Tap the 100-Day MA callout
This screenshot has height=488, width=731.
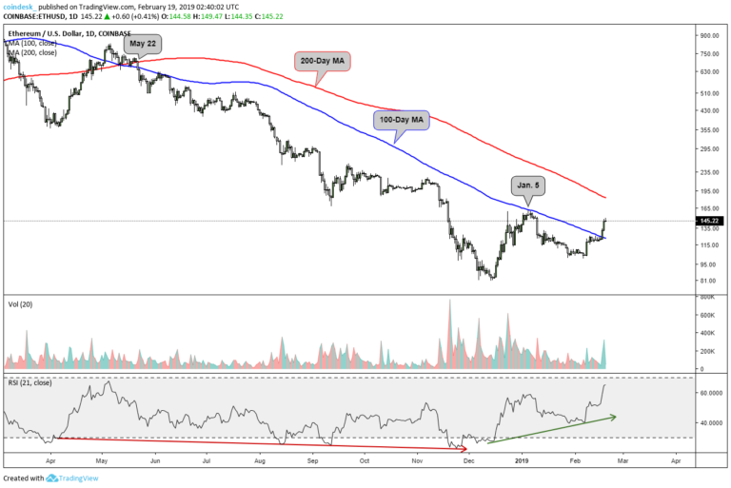[400, 120]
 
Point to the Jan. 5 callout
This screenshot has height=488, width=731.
[526, 185]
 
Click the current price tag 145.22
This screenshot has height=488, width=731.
[706, 221]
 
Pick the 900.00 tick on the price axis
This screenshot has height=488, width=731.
[708, 35]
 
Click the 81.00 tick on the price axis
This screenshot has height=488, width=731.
[705, 281]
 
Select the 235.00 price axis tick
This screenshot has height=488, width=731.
[708, 173]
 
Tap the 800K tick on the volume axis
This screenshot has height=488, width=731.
[706, 298]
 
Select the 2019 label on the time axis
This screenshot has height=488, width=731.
[521, 459]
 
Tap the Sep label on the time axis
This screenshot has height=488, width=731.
[313, 459]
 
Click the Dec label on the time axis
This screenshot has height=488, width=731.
[468, 459]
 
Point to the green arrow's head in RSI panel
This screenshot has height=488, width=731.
[614, 416]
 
